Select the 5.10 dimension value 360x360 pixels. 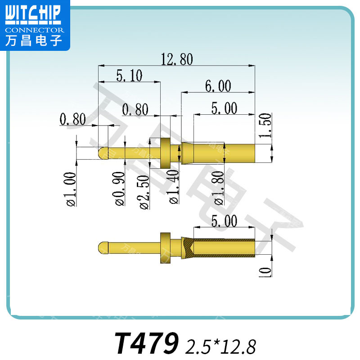(129, 76)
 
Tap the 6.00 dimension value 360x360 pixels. (218, 86)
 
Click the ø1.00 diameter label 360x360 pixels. (70, 189)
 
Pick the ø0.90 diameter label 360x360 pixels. (120, 189)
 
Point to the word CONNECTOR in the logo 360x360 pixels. (35, 30)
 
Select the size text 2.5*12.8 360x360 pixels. (220, 346)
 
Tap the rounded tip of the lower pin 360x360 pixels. (102, 248)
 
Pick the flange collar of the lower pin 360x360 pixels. (166, 248)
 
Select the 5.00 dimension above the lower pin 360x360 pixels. (224, 221)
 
